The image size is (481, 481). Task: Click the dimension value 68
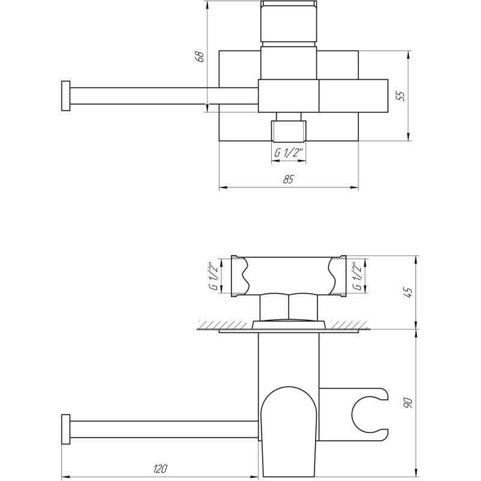201,57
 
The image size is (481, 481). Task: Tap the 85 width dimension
288,179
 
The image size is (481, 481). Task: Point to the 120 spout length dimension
161,468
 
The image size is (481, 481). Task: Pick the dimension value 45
408,292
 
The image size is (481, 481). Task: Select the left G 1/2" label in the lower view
213,277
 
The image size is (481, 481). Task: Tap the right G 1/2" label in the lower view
358,277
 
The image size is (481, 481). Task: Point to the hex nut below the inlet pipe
289,307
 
